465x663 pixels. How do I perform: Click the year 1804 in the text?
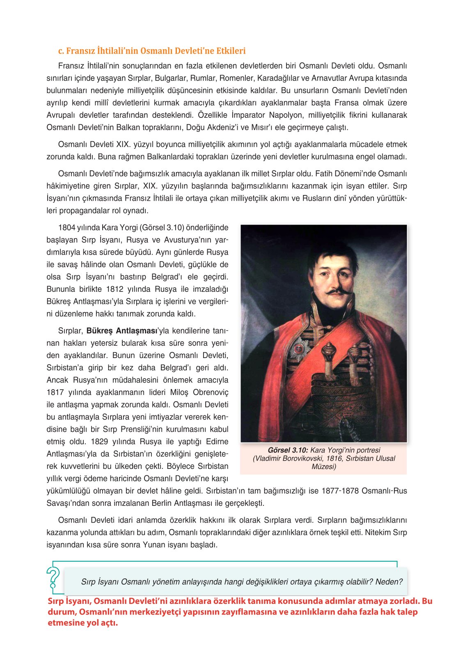66,227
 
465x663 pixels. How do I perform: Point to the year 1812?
115,289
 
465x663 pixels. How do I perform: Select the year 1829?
99,441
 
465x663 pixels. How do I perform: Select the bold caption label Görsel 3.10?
288,450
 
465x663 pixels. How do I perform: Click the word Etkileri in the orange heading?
229,51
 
